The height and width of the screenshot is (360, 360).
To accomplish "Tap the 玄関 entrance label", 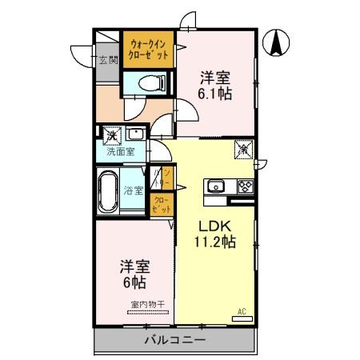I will pyautogui.click(x=106, y=59).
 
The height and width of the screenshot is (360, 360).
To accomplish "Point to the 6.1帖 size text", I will pyautogui.click(x=215, y=94).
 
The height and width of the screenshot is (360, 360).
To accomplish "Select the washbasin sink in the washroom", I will pyautogui.click(x=135, y=134).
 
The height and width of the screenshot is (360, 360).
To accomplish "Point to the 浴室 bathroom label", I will pyautogui.click(x=133, y=190).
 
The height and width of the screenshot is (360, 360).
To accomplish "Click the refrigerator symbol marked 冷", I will pyautogui.click(x=242, y=148).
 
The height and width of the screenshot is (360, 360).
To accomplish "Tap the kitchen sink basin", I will pyautogui.click(x=216, y=187).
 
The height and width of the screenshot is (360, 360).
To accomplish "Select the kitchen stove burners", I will pyautogui.click(x=244, y=187).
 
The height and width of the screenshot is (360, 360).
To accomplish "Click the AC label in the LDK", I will pyautogui.click(x=241, y=311).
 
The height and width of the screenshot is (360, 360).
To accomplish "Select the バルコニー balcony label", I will pyautogui.click(x=174, y=340).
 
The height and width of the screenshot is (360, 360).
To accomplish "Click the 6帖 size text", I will pyautogui.click(x=134, y=282).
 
